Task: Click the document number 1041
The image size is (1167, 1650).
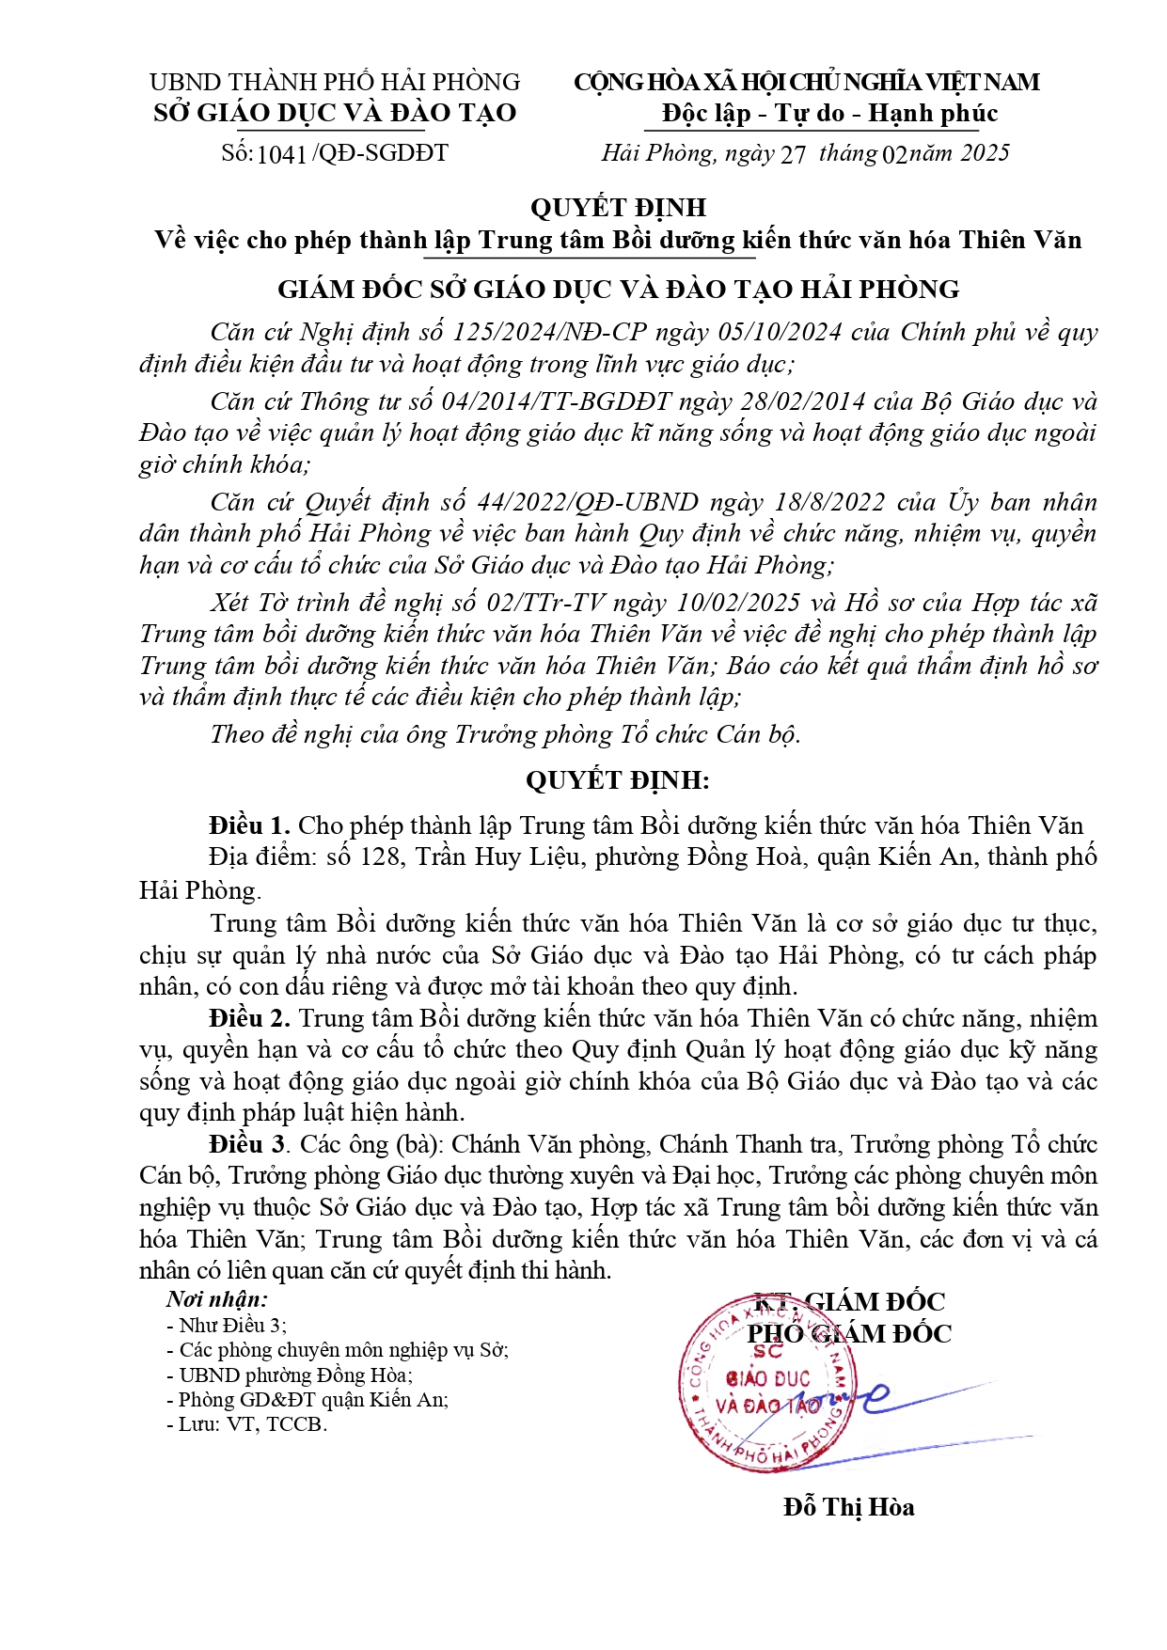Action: pyautogui.click(x=281, y=154)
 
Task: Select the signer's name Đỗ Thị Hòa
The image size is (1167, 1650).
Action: pyautogui.click(x=848, y=1507)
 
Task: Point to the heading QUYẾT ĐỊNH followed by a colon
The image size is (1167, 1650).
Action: pyautogui.click(x=617, y=780)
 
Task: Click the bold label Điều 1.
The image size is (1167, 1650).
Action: pyautogui.click(x=249, y=825)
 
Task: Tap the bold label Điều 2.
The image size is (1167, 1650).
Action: pyautogui.click(x=249, y=1018)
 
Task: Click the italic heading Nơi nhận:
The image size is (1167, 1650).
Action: pyautogui.click(x=217, y=1299)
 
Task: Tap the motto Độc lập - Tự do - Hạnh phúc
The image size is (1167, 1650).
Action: pyautogui.click(x=829, y=114)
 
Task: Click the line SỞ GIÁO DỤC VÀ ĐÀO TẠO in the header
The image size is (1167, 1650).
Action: pyautogui.click(x=335, y=114)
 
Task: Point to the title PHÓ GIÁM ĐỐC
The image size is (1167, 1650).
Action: pyautogui.click(x=848, y=1333)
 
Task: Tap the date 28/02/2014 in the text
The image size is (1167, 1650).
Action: pyautogui.click(x=803, y=401)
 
